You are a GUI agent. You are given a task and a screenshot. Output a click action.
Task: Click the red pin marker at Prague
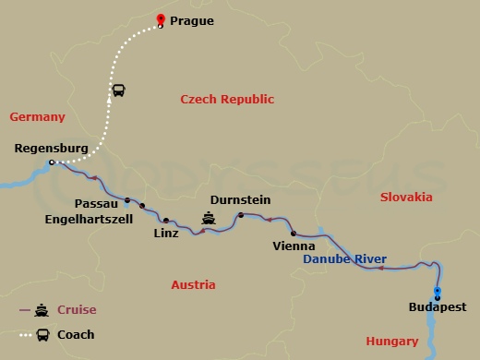(161, 20)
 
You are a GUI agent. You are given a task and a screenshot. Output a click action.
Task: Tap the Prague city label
(192, 19)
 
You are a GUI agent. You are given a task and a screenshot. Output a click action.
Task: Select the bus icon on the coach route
(119, 90)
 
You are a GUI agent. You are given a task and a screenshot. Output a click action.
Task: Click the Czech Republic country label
(227, 99)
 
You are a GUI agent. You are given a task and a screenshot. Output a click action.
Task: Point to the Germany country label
(37, 117)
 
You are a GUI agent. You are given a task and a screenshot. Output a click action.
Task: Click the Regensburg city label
(52, 148)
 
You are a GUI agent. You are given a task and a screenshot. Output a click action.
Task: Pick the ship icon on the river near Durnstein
(210, 220)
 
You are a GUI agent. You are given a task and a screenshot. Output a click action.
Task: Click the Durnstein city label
(241, 198)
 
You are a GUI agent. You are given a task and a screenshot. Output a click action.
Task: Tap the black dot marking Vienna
(294, 234)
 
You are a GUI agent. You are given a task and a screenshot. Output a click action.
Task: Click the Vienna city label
(294, 246)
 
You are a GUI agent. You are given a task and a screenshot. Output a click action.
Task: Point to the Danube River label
(344, 259)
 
